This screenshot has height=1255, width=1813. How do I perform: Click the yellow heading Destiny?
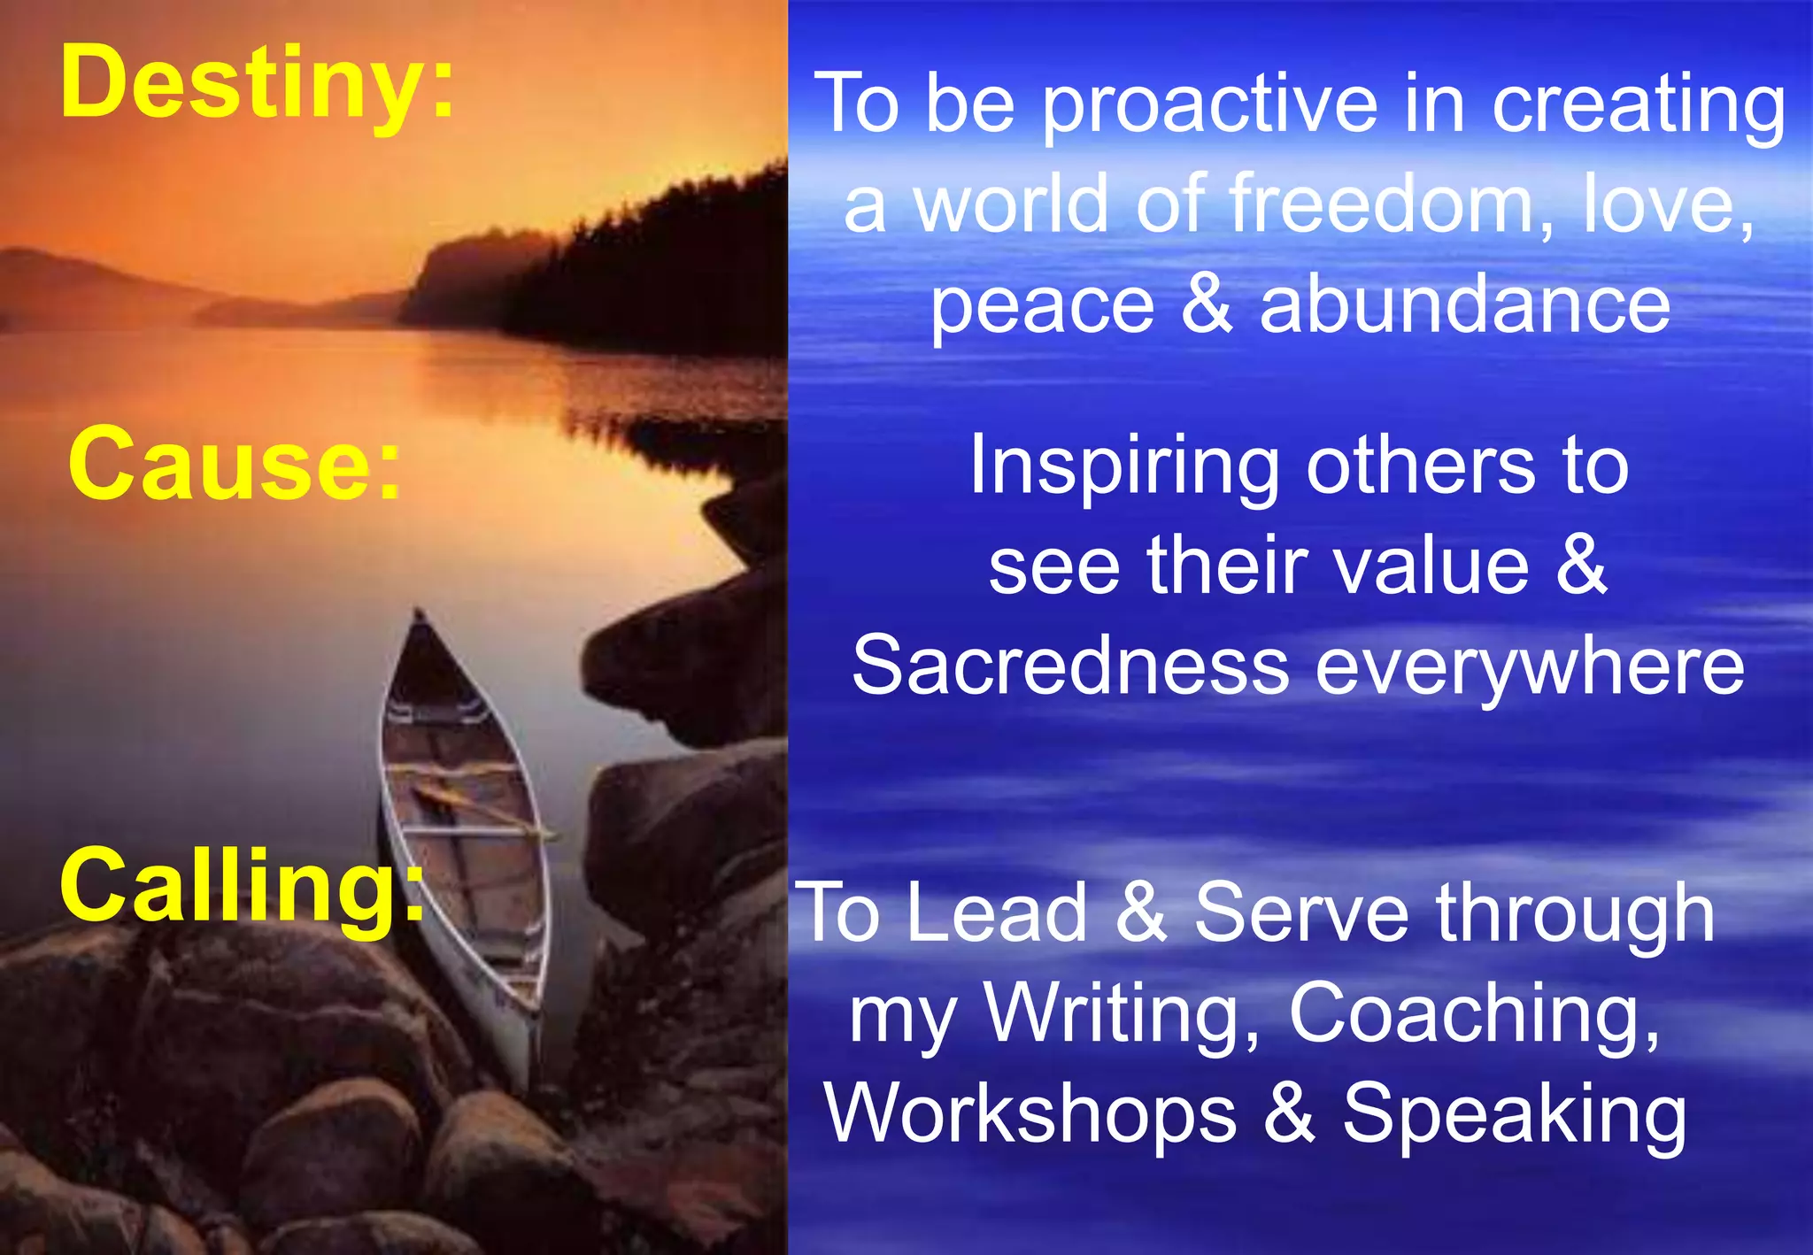(x=257, y=84)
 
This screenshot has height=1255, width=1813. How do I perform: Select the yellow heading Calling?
(x=242, y=886)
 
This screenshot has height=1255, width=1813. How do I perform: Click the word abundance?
(x=1465, y=306)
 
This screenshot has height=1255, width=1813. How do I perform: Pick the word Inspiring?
(x=1123, y=469)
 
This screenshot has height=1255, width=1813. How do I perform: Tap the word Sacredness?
(x=1070, y=667)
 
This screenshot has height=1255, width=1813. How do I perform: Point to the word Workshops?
(x=1031, y=1115)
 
